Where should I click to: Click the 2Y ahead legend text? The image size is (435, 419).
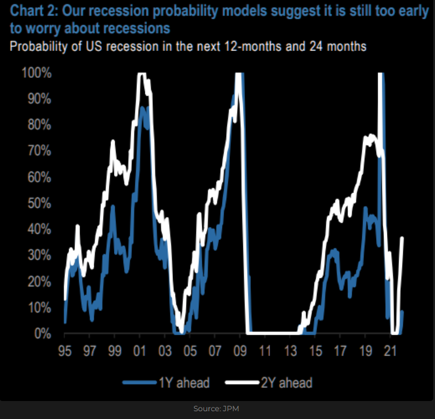(286, 382)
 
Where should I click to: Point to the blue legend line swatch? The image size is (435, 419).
(139, 382)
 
